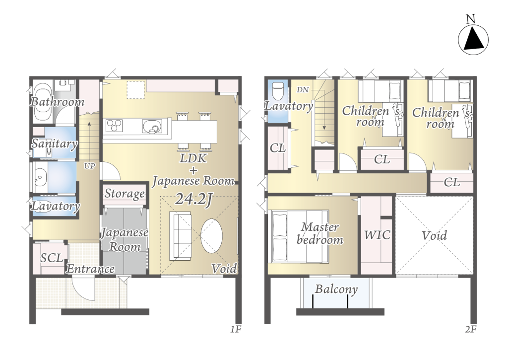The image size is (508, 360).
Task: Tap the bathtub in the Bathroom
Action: pos(42,103)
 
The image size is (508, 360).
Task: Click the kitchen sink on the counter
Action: pos(152,126)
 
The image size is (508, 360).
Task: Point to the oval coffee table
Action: pos(211,236)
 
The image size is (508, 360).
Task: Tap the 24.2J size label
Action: pos(193,199)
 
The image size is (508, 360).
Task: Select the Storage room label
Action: pos(125,194)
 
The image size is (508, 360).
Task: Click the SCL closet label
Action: pos(52,258)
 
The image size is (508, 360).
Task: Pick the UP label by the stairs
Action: pos(89,166)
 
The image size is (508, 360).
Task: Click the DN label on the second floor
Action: pos(303,90)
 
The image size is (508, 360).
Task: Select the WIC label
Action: pos(377,235)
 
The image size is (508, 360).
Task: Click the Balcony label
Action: pos(336,289)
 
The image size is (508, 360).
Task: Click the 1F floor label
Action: pos(236,330)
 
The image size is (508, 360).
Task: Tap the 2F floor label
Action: pos(471,330)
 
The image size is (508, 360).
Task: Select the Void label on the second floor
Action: pos(434,235)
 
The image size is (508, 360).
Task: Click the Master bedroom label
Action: pos(320,233)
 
